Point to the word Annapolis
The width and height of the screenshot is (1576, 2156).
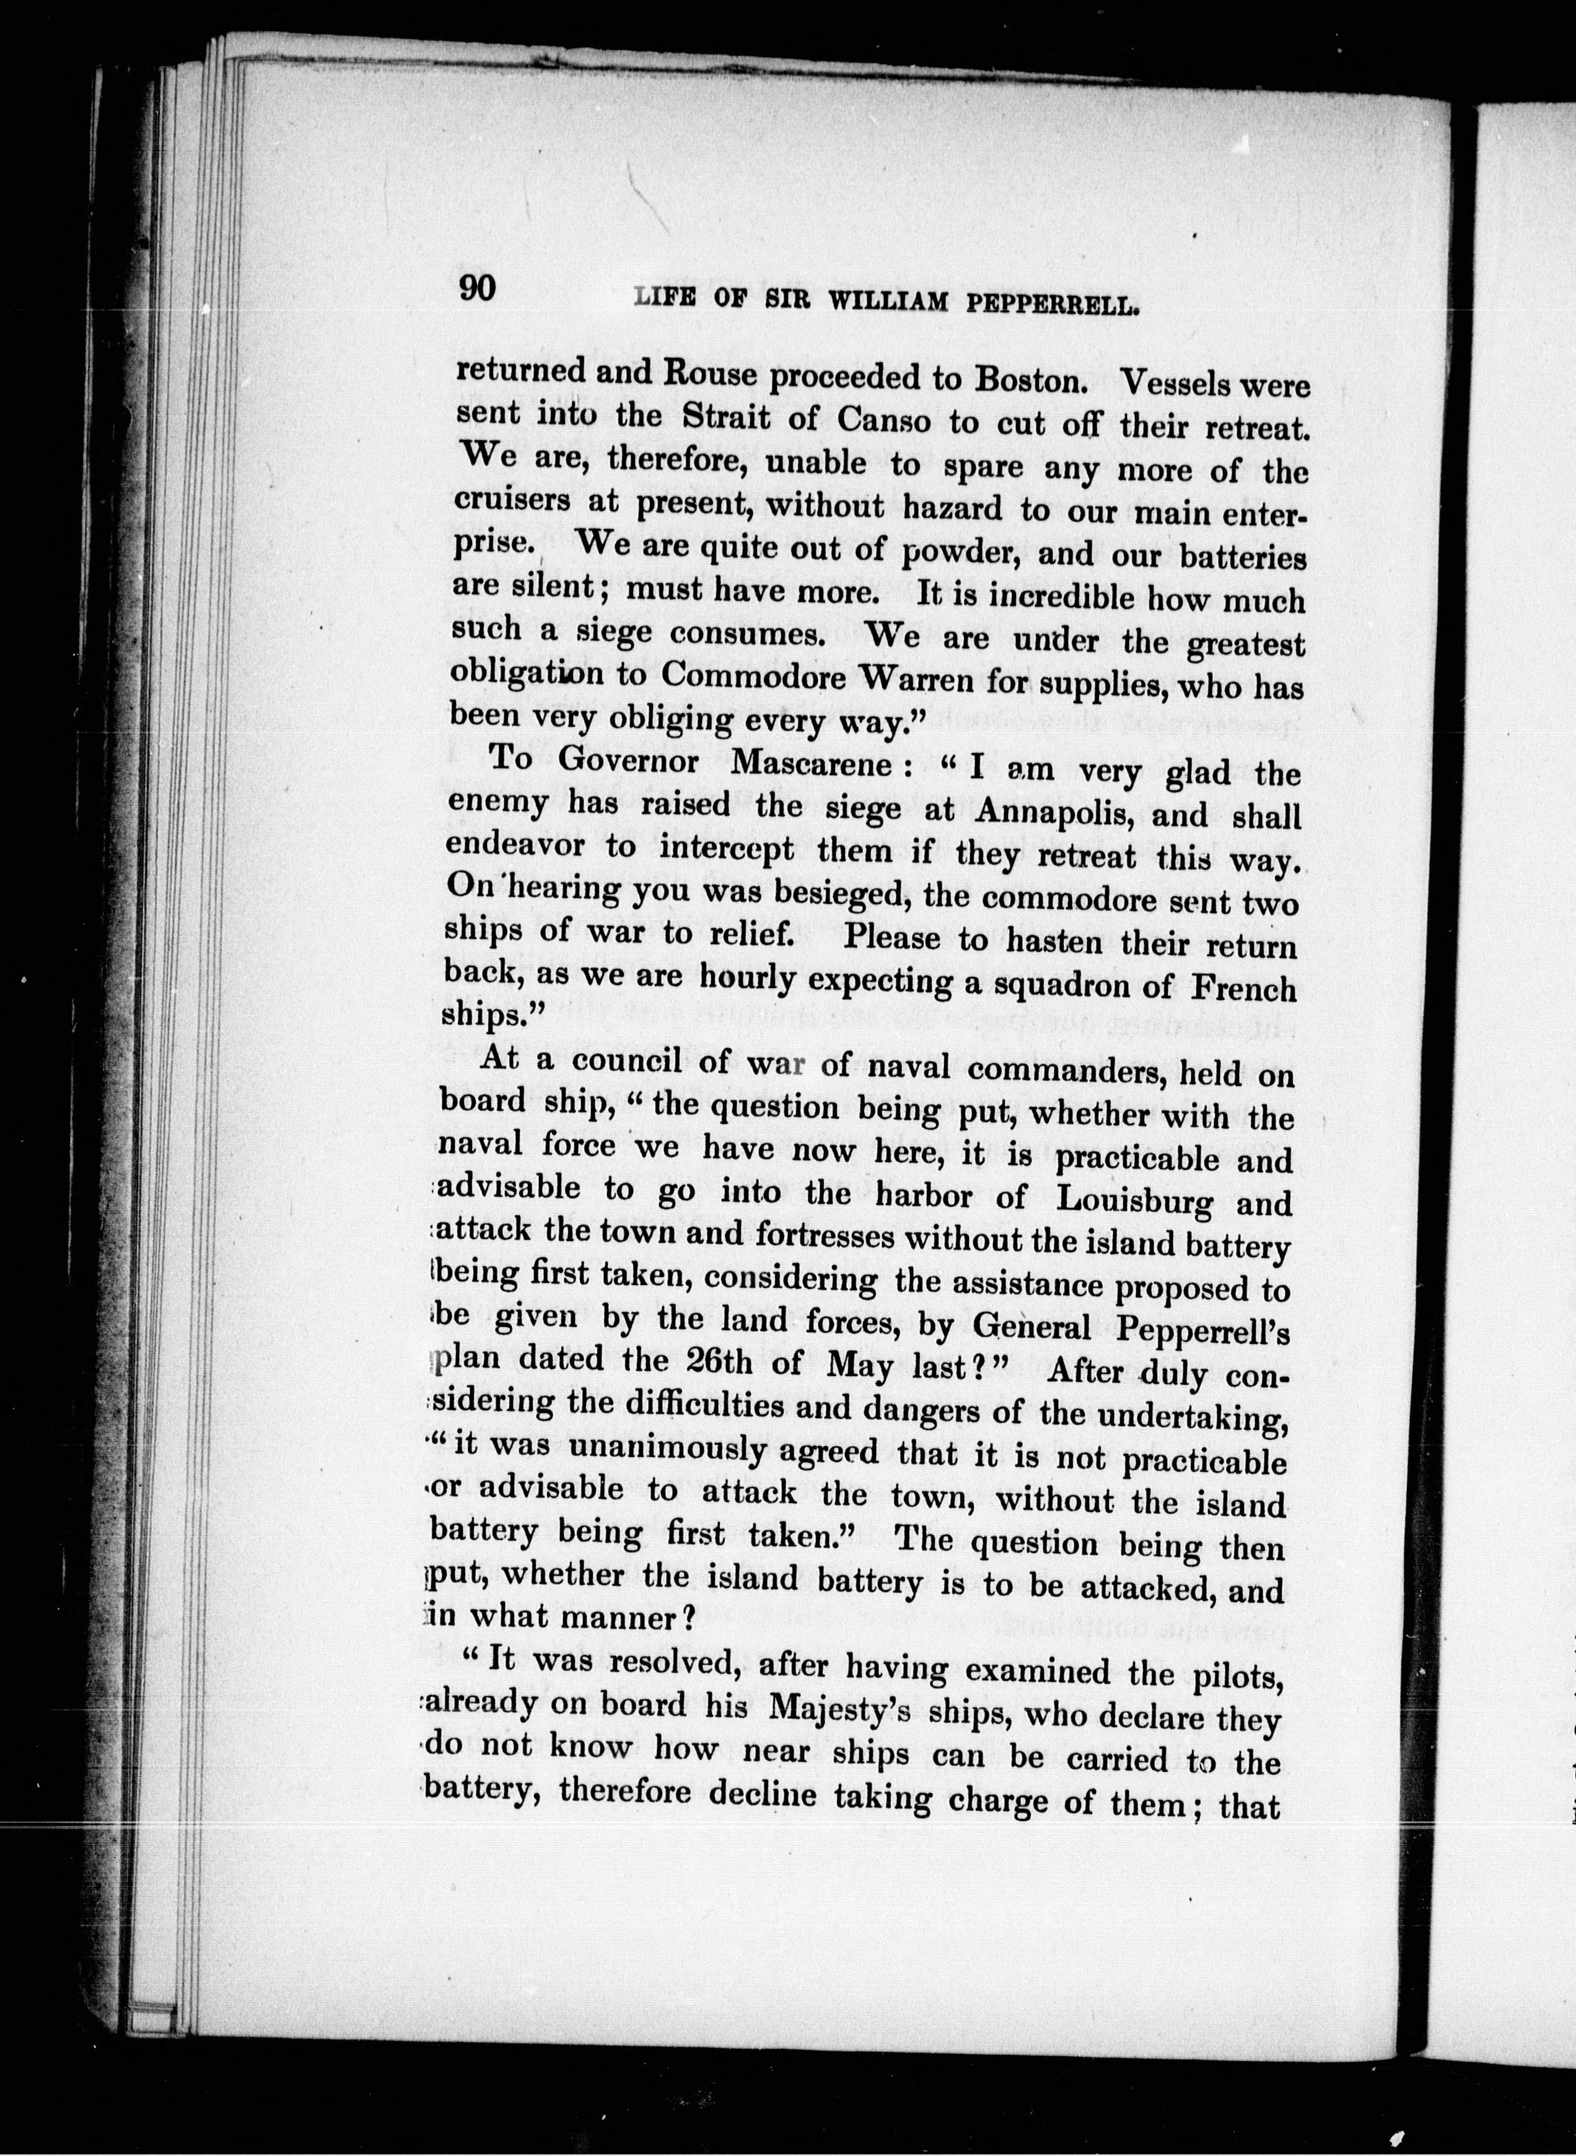pos(1057,813)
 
